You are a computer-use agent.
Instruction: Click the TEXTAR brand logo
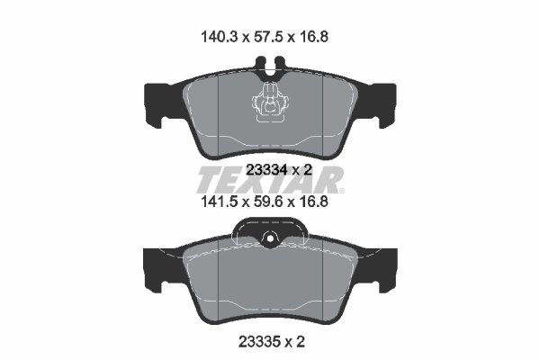(269, 178)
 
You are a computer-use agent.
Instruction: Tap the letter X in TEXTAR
(260, 178)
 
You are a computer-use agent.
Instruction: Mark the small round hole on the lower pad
(269, 238)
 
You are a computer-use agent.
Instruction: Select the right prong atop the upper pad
(278, 66)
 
